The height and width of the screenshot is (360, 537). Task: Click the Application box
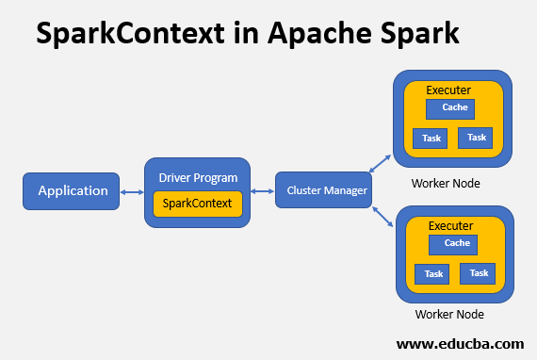tap(72, 191)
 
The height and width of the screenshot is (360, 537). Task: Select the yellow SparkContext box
tap(198, 204)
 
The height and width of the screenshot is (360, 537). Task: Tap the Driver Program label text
tap(198, 177)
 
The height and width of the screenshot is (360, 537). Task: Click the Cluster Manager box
tap(321, 191)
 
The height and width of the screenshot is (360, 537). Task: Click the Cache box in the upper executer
tap(454, 108)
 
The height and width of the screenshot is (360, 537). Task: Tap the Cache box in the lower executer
tap(456, 244)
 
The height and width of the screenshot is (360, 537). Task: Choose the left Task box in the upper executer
tap(431, 139)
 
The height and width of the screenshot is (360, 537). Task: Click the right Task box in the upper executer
tap(477, 138)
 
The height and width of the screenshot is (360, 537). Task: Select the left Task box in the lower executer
tap(433, 274)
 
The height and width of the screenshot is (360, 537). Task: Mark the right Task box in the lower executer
tap(479, 273)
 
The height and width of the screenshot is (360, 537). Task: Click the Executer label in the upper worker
tap(448, 90)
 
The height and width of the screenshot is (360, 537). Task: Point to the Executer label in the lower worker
tap(450, 226)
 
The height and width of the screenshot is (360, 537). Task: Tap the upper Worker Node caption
tap(446, 183)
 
